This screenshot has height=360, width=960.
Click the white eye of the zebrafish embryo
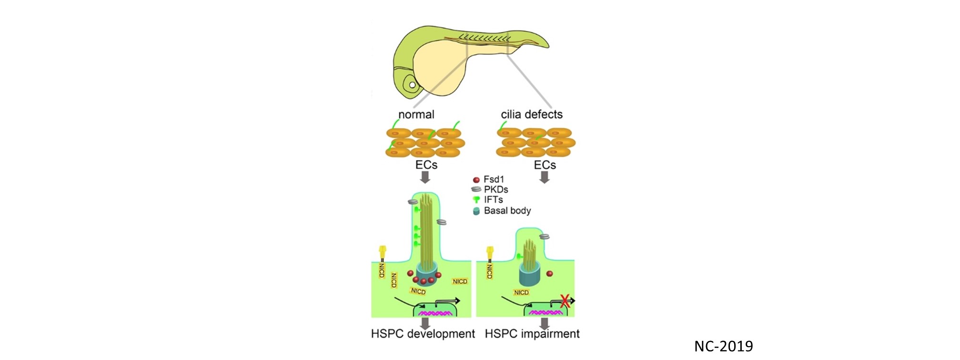coord(412,86)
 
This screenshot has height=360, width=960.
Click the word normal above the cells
coord(416,114)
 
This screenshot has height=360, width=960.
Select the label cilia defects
coord(531,114)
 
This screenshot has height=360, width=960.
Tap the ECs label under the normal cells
coord(426,165)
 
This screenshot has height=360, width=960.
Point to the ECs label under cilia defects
coord(545,165)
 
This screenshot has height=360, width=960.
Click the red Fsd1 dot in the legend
coord(476,180)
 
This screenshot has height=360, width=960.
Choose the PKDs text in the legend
coord(496,190)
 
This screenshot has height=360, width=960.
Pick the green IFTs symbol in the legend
coord(476,200)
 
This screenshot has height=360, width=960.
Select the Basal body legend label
coord(507,210)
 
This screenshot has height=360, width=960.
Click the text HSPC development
coord(423,334)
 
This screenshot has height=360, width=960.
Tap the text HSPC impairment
coord(532,334)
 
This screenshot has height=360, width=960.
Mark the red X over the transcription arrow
coord(565,301)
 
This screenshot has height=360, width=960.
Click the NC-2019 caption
coord(723,346)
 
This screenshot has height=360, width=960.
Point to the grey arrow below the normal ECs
coord(424,178)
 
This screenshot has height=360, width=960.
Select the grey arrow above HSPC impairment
coord(544,323)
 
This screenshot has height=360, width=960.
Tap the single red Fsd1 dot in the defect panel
coord(550,274)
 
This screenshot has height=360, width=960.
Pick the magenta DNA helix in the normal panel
coord(435,313)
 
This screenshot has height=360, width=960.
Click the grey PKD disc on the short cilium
coord(544,236)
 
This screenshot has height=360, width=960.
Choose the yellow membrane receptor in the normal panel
coord(382,250)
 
